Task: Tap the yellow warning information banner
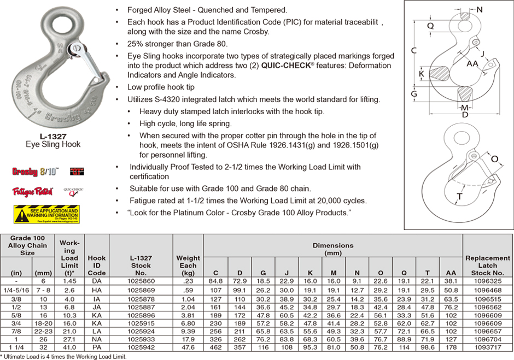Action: (46, 214)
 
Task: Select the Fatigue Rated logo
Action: (32, 192)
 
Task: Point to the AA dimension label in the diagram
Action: (472, 64)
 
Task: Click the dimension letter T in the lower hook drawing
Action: (460, 197)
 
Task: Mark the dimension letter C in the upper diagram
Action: (414, 50)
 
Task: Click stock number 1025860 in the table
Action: (141, 281)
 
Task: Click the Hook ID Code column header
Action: (97, 265)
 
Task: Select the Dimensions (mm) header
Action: (333, 249)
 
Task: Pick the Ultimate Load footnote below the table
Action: (63, 356)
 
